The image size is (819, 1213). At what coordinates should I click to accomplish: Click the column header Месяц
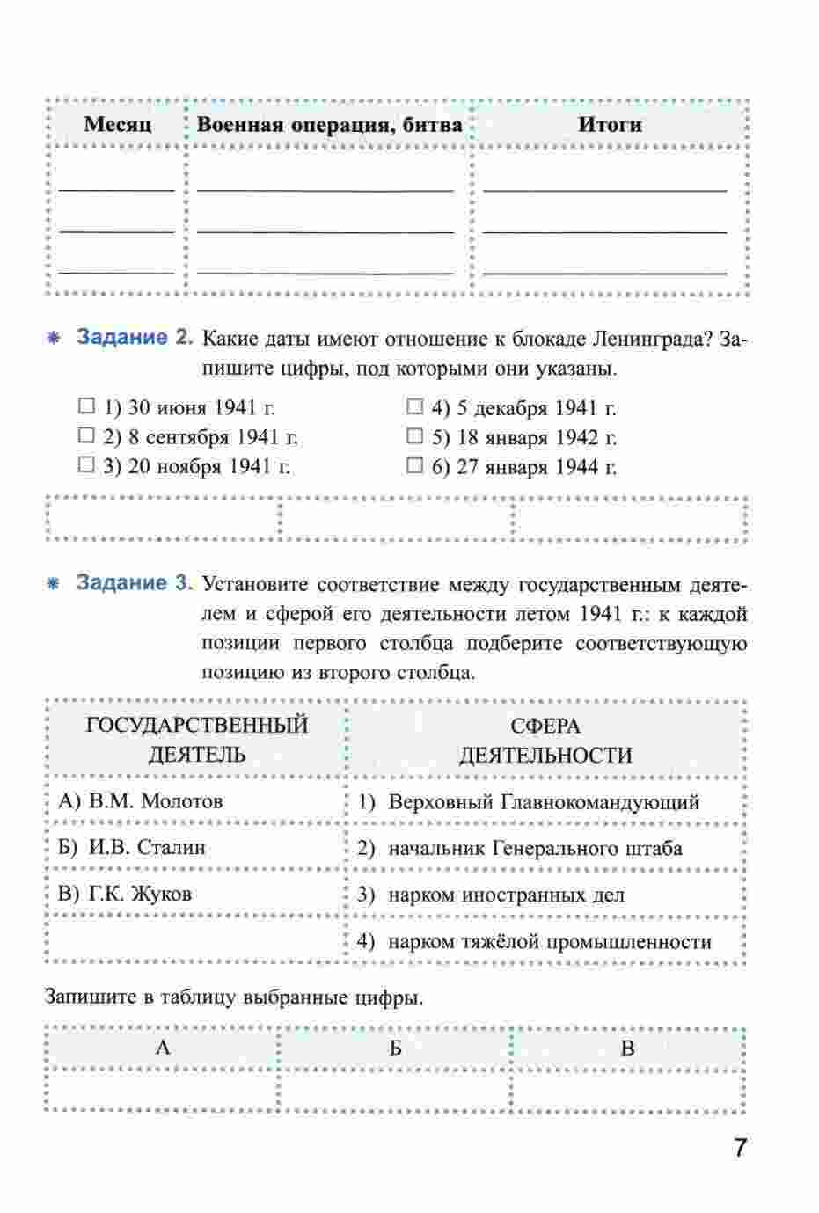pos(117,125)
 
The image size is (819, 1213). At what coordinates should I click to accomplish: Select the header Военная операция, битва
pos(329,125)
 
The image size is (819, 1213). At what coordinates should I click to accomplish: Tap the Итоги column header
pos(610,125)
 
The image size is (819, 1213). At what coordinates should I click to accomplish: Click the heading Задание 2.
pos(134,338)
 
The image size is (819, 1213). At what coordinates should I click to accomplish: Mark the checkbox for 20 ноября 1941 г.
pos(85,465)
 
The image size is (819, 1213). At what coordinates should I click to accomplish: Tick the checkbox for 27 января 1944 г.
pos(414,465)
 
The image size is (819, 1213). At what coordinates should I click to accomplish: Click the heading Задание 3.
pos(134,583)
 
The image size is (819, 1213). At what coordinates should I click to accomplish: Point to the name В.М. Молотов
pos(140,801)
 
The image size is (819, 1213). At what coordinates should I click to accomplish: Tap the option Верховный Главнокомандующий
pos(544,802)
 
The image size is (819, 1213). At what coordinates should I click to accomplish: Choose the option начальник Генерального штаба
pos(535,849)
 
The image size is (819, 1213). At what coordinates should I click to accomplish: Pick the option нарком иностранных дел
pos(506,895)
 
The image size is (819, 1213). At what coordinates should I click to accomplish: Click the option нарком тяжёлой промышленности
pos(550,942)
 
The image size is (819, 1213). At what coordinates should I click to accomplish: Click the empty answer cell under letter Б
pos(395,1092)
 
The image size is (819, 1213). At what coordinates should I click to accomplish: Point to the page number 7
pos(740,1148)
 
